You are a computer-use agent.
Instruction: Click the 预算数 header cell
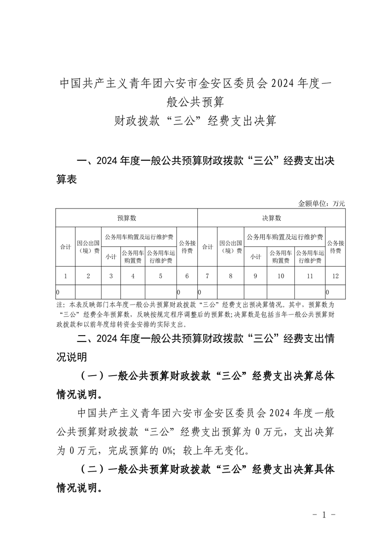(x=126, y=217)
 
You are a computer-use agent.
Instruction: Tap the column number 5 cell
(x=161, y=276)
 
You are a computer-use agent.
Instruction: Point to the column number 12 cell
(x=335, y=276)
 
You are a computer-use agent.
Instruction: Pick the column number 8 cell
(x=230, y=276)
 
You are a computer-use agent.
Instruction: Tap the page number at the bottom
(x=324, y=515)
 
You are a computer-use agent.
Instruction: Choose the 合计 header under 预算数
(x=65, y=247)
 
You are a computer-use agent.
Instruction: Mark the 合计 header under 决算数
(x=207, y=247)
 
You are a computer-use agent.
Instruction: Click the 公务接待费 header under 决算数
(x=335, y=247)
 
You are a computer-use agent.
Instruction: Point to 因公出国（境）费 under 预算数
(x=88, y=247)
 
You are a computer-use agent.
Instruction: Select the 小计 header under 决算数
(x=255, y=256)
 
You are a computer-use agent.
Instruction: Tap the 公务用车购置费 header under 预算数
(x=133, y=256)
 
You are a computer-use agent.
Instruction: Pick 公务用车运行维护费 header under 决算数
(x=310, y=256)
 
